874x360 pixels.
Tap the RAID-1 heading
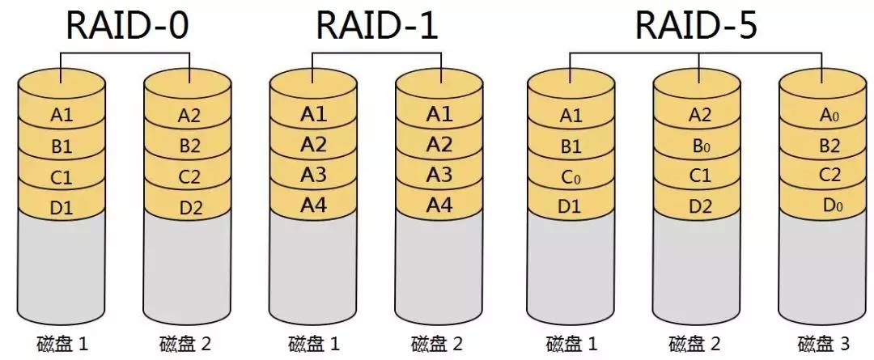pyautogui.click(x=376, y=26)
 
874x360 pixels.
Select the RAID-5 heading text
pyautogui.click(x=696, y=26)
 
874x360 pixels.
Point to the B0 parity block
pyautogui.click(x=700, y=146)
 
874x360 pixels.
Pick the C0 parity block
pyautogui.click(x=571, y=177)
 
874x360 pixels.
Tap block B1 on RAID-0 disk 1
pyautogui.click(x=62, y=146)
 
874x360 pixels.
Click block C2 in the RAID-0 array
pyautogui.click(x=189, y=177)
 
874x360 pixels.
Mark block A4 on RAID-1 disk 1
pyautogui.click(x=313, y=205)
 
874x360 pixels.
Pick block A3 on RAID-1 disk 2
pyautogui.click(x=439, y=175)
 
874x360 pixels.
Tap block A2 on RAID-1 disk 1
pyautogui.click(x=313, y=145)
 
